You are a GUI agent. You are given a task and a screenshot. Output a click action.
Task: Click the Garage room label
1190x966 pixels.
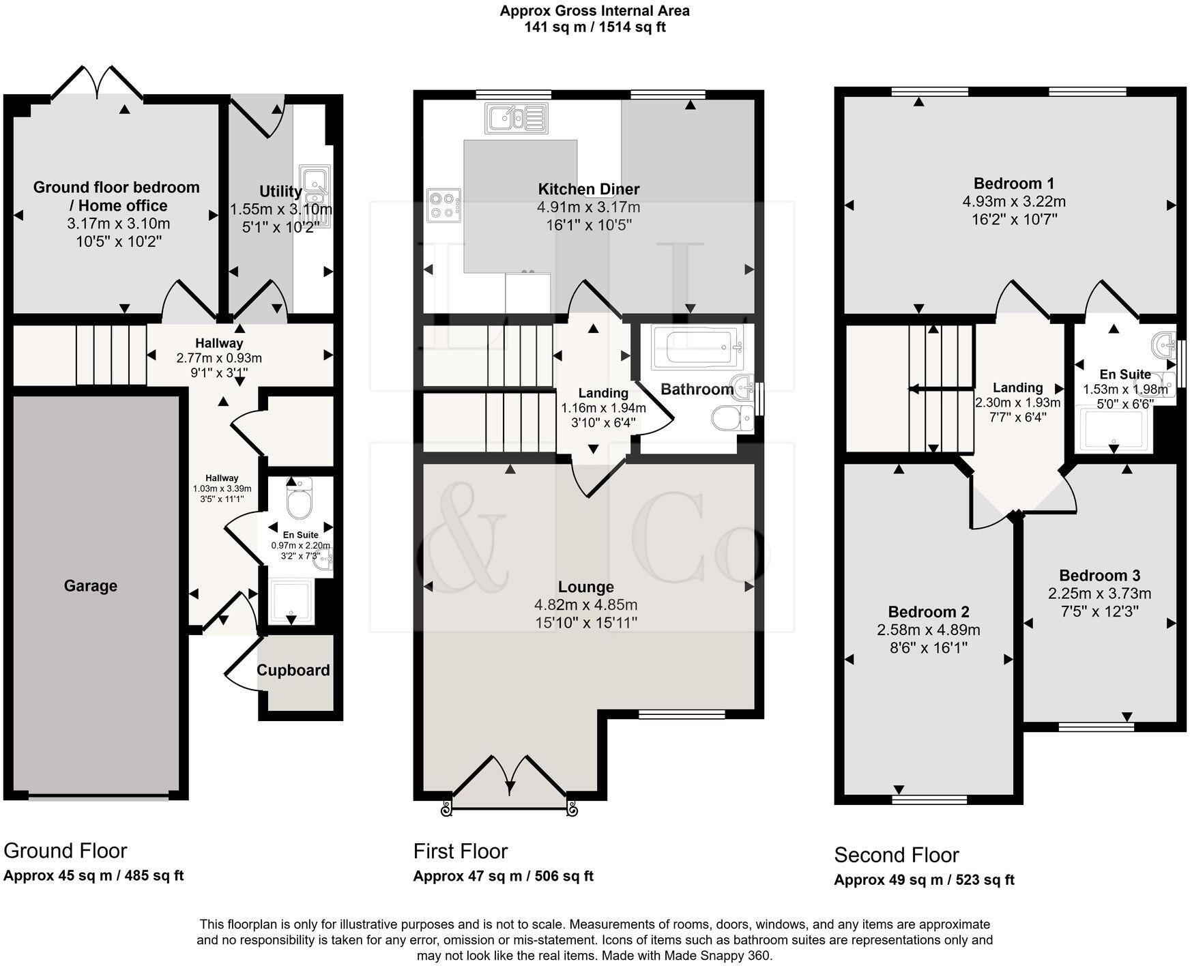click(91, 586)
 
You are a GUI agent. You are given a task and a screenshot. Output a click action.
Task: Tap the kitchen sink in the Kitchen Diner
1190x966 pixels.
click(517, 118)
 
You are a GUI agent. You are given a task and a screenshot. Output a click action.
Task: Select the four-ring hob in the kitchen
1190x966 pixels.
click(444, 205)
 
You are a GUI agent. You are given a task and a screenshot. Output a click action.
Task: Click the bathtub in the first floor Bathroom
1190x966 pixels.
click(697, 347)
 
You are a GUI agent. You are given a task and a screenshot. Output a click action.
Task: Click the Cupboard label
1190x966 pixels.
click(293, 671)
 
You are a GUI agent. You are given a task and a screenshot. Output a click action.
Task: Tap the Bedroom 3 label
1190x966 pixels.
click(1099, 576)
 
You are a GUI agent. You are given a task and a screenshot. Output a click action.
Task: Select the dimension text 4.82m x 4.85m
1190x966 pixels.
click(585, 605)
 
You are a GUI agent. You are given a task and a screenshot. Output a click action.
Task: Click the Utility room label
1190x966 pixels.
click(280, 192)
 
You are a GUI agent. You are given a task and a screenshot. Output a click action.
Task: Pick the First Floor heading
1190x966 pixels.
click(461, 851)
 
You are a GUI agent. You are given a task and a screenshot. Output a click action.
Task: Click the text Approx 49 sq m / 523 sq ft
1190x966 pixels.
click(924, 880)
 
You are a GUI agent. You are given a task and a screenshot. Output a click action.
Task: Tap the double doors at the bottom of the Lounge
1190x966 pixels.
click(509, 778)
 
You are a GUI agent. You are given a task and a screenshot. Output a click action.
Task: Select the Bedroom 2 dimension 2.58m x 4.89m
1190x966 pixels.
click(929, 630)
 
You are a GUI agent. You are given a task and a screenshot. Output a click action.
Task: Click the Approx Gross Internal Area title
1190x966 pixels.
click(594, 11)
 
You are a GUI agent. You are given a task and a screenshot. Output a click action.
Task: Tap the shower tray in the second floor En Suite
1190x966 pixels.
click(1112, 429)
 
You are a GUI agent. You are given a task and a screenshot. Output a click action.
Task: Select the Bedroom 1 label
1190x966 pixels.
click(1013, 184)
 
